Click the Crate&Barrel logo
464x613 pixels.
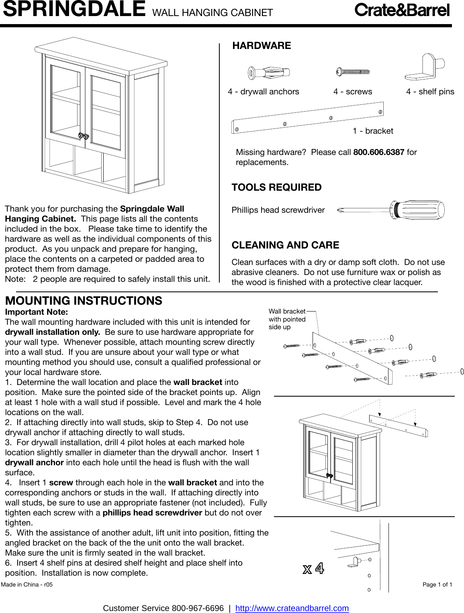click(402, 10)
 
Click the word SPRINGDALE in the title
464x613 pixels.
click(74, 9)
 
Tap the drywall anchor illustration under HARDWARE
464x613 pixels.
click(268, 73)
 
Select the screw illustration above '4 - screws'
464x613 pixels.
click(353, 72)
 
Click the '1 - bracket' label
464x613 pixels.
click(373, 131)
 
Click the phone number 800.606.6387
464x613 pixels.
click(378, 152)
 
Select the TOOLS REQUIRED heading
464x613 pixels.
click(276, 187)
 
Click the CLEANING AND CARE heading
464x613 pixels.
click(285, 245)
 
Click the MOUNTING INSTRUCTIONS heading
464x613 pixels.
click(84, 301)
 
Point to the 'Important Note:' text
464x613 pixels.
click(37, 312)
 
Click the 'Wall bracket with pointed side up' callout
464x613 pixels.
click(287, 319)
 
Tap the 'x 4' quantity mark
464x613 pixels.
click(313, 568)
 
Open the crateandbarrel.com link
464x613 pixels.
click(292, 608)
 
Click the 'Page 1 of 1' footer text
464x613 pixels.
click(437, 584)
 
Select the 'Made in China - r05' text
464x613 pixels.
click(27, 584)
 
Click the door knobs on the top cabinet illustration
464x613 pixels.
click(83, 136)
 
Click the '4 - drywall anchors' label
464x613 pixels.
click(263, 92)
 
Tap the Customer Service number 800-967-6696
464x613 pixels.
click(198, 608)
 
